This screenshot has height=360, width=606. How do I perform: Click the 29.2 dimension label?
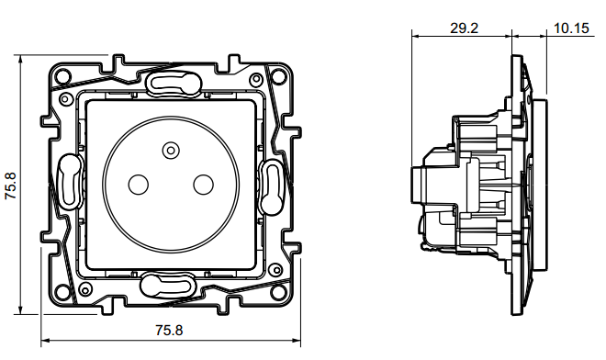click(x=464, y=28)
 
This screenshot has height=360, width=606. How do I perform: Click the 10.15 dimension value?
click(x=571, y=28)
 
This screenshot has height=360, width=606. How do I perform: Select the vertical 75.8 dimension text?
click(x=10, y=186)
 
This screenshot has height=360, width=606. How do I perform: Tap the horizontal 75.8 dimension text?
click(x=169, y=331)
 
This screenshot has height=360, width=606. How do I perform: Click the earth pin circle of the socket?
click(x=171, y=150)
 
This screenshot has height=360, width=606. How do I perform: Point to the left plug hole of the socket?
click(x=138, y=185)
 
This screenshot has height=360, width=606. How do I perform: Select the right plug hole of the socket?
click(x=203, y=185)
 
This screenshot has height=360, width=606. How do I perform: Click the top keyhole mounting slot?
click(x=174, y=82)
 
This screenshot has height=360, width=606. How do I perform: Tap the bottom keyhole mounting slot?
click(x=167, y=287)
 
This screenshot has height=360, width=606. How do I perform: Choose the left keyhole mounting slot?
click(x=70, y=181)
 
